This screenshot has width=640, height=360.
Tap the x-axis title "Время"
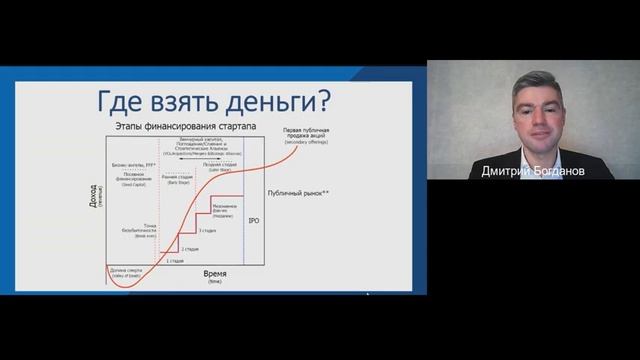click(214, 273)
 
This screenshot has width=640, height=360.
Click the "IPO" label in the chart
click(253, 218)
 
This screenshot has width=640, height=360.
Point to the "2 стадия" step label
click(190, 247)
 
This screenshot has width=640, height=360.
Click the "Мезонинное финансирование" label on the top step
click(226, 209)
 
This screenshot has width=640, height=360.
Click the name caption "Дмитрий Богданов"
click(532, 171)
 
